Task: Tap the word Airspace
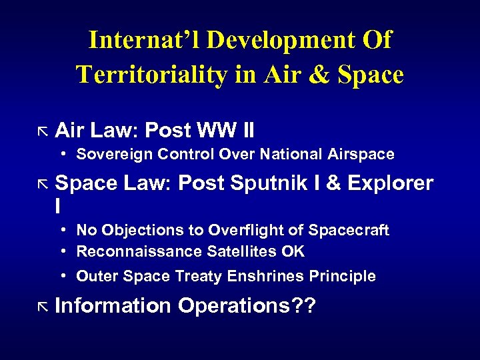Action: point(361,154)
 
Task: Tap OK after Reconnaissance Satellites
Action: point(293,251)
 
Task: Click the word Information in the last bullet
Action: point(113,306)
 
